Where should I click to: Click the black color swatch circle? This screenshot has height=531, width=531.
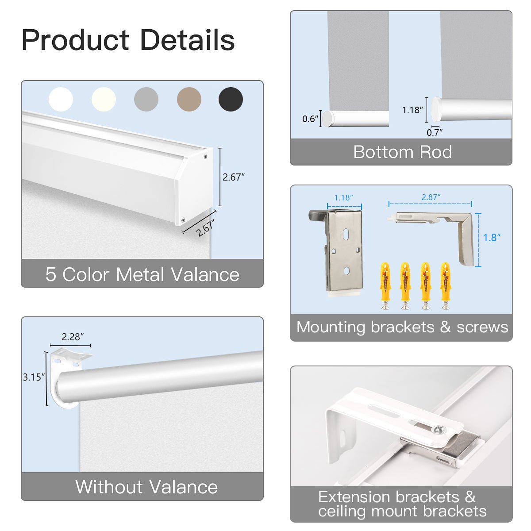click(231, 99)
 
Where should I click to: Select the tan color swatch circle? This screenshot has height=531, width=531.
click(189, 99)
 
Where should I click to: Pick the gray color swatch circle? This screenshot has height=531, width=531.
click(146, 99)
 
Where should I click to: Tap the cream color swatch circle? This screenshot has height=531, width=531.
click(104, 99)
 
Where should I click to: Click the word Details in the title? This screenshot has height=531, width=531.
click(187, 40)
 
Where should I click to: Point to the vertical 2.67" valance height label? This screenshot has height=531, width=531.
click(233, 177)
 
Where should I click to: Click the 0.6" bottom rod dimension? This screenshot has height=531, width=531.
click(310, 119)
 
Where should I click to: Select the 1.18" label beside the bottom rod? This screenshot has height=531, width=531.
click(412, 110)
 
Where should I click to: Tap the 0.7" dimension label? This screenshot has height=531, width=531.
click(434, 132)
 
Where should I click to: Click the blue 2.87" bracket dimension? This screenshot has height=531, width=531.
click(431, 197)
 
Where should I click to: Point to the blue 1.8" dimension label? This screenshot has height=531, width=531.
click(492, 238)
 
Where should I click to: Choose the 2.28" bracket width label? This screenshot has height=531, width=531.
click(73, 337)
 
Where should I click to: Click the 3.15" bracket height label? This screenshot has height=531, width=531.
click(34, 377)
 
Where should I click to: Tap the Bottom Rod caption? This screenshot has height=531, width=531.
click(402, 152)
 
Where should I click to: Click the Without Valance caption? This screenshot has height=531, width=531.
click(146, 487)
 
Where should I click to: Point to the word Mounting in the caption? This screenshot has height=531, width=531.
click(331, 327)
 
